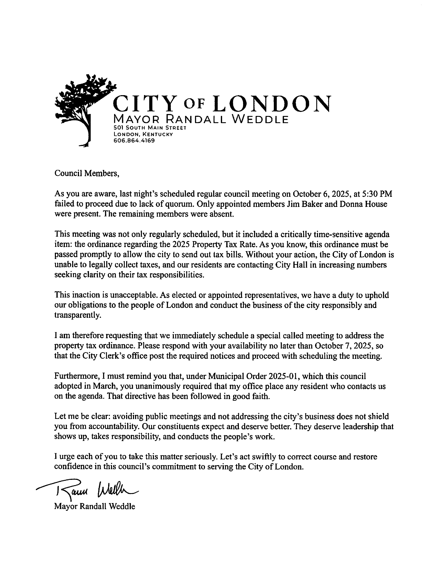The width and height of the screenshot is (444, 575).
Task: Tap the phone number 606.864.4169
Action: point(134,141)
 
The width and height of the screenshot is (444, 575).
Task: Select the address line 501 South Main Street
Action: point(150,128)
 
